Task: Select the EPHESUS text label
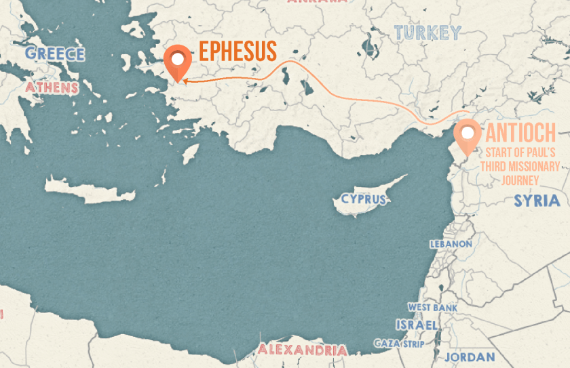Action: pos(237,52)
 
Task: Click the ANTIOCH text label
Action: pos(520,132)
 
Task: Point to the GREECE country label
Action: pos(54,54)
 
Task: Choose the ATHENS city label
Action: pos(52,87)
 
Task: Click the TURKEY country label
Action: pos(427,32)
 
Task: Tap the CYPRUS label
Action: pos(364,199)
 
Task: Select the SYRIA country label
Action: pos(537,201)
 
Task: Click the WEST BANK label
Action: pos(432,308)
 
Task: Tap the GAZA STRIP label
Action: pos(399,344)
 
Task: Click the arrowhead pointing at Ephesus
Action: pos(185,83)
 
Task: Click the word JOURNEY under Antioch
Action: pos(519,180)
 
